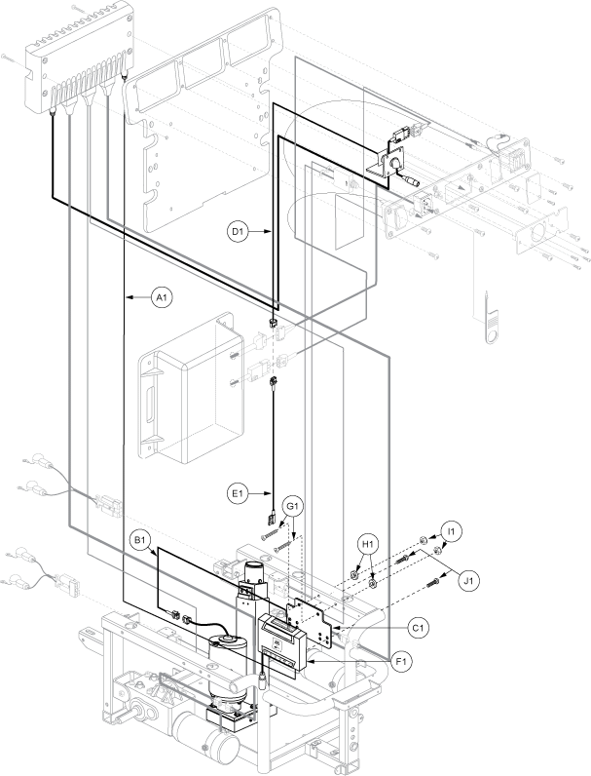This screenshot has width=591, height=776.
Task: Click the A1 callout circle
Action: pyautogui.click(x=161, y=297)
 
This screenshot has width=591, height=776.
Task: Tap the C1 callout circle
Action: pyautogui.click(x=419, y=628)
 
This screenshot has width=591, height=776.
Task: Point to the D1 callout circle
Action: pyautogui.click(x=239, y=231)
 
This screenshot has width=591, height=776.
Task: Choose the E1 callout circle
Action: pyautogui.click(x=239, y=493)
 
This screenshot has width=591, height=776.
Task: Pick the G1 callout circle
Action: pyautogui.click(x=293, y=507)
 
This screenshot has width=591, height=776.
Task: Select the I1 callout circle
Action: pyautogui.click(x=452, y=531)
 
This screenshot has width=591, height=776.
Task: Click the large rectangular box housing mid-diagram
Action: pyautogui.click(x=193, y=389)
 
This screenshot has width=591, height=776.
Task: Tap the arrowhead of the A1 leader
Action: pyautogui.click(x=126, y=297)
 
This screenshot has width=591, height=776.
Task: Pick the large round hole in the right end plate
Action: pyautogui.click(x=538, y=232)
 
